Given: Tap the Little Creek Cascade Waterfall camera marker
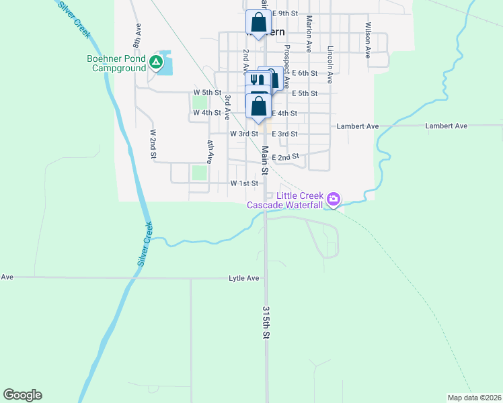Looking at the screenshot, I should (333, 199).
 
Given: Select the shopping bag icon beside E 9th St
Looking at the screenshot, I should (258, 23).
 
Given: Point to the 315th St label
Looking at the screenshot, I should (266, 324).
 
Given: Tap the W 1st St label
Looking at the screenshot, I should (244, 183).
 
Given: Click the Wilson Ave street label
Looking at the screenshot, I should (368, 40).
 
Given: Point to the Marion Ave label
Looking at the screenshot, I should (309, 34).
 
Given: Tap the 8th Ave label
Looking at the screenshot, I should (138, 36).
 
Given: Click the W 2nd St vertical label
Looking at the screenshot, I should (153, 144).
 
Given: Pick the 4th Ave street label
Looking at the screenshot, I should (210, 152).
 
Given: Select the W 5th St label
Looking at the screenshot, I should (207, 92).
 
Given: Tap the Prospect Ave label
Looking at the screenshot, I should (287, 67).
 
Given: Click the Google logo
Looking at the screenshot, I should (22, 395).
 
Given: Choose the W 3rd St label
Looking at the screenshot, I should (244, 134).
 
